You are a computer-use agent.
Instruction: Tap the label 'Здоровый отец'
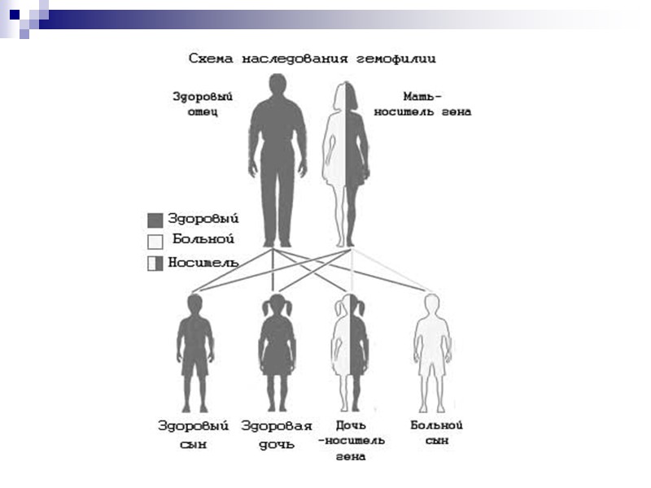pos(196,104)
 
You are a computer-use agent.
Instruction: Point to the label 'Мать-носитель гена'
pos(422,104)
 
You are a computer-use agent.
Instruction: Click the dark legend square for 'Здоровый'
pos(155,220)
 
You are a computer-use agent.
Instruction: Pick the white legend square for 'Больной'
pos(155,242)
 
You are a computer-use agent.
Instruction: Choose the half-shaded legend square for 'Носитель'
pos(155,263)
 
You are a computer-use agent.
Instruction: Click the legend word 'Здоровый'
pos(203,219)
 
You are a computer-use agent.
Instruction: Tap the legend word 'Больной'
pos(203,240)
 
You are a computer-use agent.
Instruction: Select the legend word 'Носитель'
pos(203,262)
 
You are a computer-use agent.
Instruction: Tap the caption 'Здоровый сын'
pos(194,434)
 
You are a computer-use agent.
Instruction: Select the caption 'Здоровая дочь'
pos(277,434)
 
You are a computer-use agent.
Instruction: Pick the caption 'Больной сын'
pos(436,433)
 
